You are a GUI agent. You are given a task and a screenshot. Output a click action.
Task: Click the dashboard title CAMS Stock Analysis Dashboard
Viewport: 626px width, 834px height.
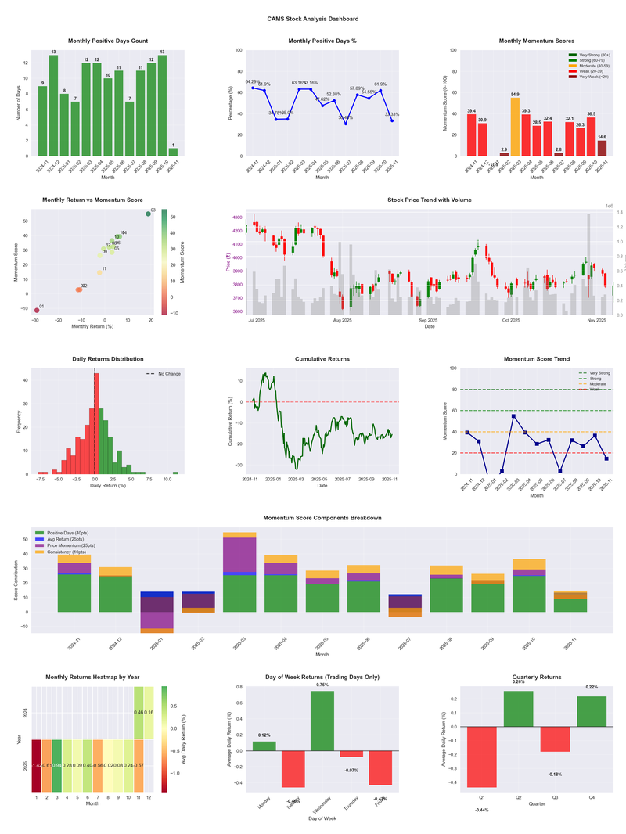(x=313, y=18)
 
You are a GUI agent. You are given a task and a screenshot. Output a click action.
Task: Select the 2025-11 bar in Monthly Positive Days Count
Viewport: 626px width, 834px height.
(x=173, y=152)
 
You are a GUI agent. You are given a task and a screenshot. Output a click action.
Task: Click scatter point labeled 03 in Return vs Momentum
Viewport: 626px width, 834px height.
(x=148, y=214)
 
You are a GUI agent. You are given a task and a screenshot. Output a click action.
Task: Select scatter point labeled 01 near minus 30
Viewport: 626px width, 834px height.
(x=36, y=311)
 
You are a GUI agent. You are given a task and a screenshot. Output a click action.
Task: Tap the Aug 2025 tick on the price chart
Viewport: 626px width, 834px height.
(x=342, y=320)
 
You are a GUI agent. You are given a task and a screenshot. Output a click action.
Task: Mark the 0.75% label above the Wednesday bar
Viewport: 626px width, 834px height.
(x=322, y=685)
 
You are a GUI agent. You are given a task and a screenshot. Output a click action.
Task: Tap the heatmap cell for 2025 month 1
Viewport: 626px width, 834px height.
(x=36, y=765)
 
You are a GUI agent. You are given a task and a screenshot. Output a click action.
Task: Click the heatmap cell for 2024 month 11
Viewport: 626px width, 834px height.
(x=139, y=713)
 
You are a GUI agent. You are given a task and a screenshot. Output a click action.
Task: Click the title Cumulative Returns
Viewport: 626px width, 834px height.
(x=322, y=359)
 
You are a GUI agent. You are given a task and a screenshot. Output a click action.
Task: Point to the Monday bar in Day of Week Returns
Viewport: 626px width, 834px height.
(x=264, y=746)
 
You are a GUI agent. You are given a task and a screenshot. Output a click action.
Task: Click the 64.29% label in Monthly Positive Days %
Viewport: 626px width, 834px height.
(x=252, y=81)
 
